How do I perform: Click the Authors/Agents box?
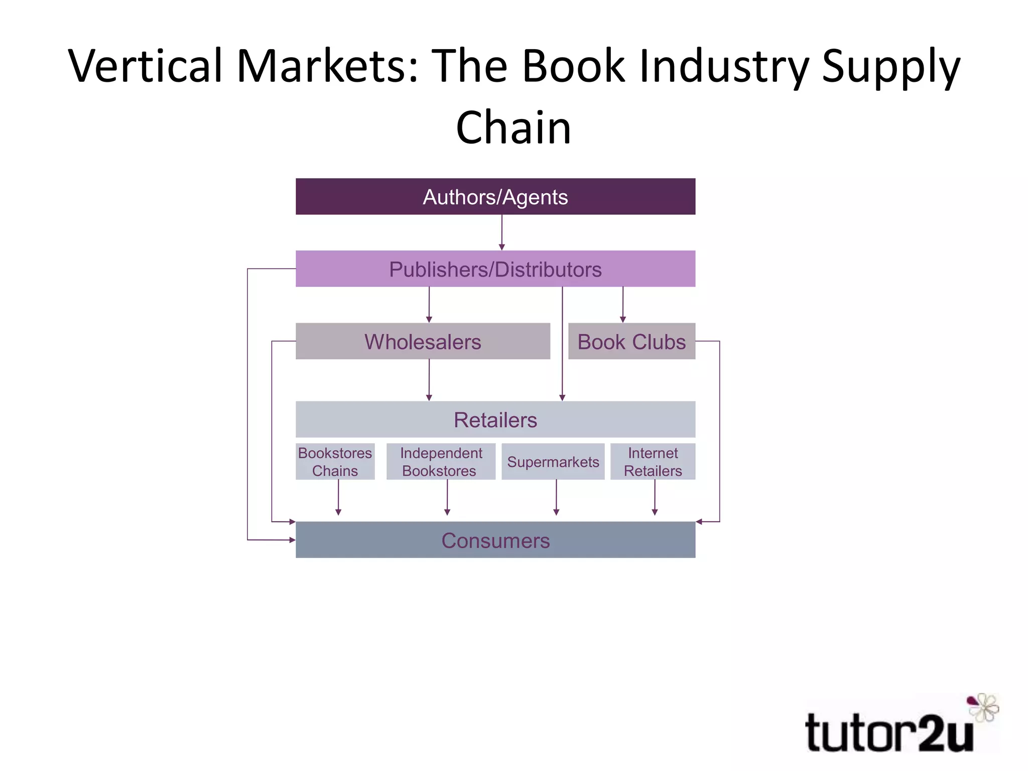(x=495, y=197)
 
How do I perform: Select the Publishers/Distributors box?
(x=495, y=269)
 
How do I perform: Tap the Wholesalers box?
(x=423, y=341)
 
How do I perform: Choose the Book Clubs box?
(x=631, y=341)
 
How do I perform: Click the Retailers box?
(x=495, y=420)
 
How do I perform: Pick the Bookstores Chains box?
(x=335, y=462)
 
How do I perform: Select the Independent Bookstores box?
(x=441, y=462)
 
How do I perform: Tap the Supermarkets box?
(x=553, y=462)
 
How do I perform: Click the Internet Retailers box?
(x=653, y=462)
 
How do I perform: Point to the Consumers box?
(x=495, y=540)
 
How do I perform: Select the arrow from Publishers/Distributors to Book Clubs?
(x=623, y=305)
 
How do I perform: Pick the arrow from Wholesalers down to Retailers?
(x=429, y=380)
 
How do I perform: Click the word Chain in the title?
(x=513, y=128)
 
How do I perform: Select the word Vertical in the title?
(x=146, y=66)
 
